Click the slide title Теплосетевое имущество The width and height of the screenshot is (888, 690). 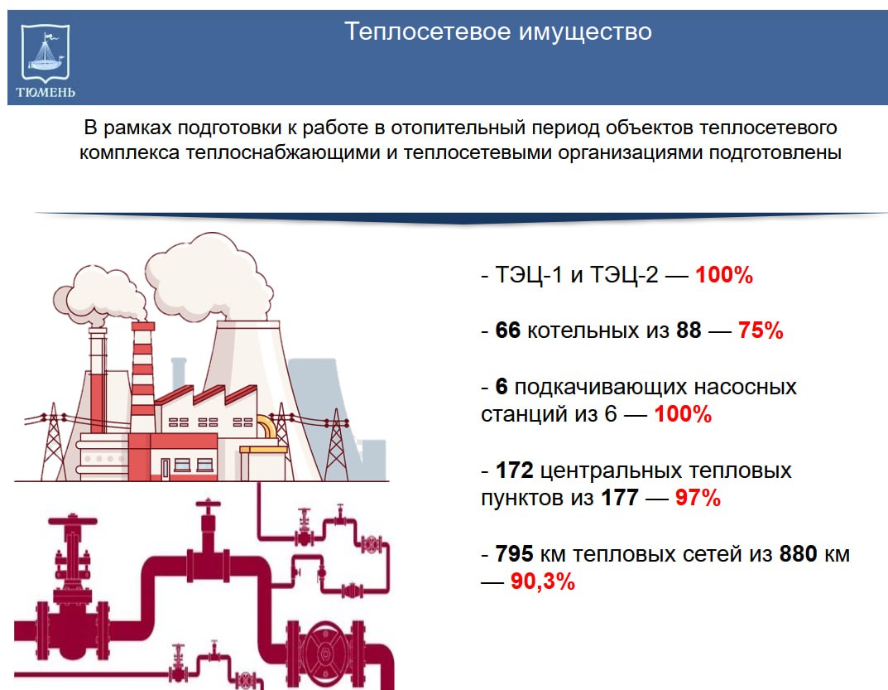[x=498, y=31]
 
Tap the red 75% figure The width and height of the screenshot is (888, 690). [x=761, y=330]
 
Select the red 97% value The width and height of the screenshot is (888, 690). [x=698, y=498]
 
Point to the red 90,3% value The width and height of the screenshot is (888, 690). [x=543, y=581]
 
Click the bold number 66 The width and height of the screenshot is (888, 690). [x=507, y=330]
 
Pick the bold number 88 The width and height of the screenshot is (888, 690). [x=689, y=330]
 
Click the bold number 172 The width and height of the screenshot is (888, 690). [x=514, y=470]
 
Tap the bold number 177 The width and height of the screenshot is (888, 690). [x=620, y=498]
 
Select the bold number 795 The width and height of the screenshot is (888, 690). [x=514, y=553]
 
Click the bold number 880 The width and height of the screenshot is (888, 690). [x=799, y=553]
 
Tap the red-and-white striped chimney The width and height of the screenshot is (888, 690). [x=142, y=377]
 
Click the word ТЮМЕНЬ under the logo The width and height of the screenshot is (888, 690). [x=46, y=93]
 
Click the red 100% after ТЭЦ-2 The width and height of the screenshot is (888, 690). [x=724, y=275]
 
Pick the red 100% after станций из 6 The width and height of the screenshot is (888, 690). [x=683, y=414]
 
